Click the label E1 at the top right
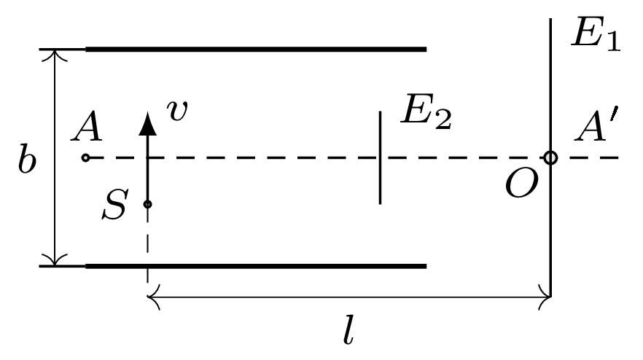point(596,34)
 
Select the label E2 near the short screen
point(426,111)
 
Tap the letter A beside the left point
point(87,125)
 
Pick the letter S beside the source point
point(115,204)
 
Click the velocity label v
point(176,110)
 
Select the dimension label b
point(27,159)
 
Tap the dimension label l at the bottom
point(348,329)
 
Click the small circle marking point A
point(85,157)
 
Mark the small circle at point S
point(147,204)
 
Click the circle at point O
point(550,157)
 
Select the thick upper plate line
point(256,50)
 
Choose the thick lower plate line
point(256,266)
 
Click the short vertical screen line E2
point(380,157)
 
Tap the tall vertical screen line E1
point(550,157)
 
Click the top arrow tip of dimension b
point(55,50)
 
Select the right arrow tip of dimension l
point(550,297)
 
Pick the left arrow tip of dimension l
point(149,297)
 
